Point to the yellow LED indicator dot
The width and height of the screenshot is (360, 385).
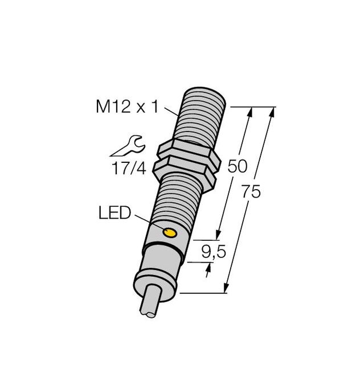(169, 232)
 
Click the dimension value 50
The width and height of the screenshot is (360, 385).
(237, 166)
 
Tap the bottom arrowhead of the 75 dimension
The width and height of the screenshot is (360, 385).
(227, 289)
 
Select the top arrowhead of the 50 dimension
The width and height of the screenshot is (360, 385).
(250, 112)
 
